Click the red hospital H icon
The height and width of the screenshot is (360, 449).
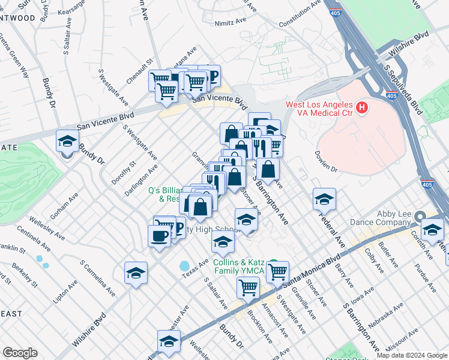(x=361, y=109)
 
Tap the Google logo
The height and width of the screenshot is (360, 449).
(x=20, y=353)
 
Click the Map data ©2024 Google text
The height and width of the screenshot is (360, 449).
(x=412, y=355)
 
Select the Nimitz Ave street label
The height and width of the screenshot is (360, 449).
(x=232, y=20)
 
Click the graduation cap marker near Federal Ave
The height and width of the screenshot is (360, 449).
(x=324, y=199)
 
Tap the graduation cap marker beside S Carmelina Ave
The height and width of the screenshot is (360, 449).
(x=136, y=273)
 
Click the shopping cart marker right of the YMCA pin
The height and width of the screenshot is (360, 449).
(x=277, y=272)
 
